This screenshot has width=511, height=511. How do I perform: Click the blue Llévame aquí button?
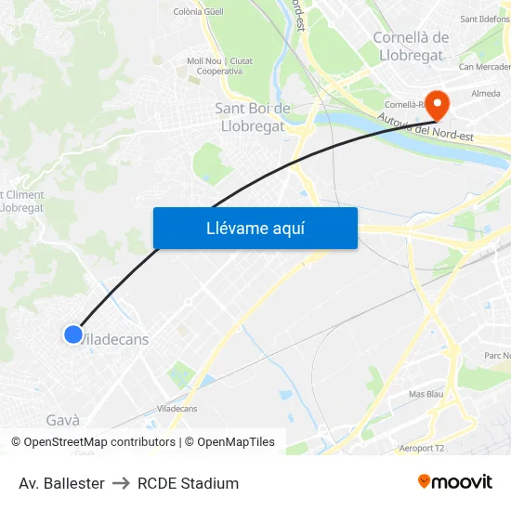pos(255,228)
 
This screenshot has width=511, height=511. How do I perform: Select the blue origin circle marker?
pos(73,334)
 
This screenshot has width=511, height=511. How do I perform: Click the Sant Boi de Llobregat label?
pos(253,118)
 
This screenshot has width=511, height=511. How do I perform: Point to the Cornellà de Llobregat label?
pos(411,46)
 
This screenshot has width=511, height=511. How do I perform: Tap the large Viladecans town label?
pos(114,340)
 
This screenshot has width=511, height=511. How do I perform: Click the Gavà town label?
pos(62,420)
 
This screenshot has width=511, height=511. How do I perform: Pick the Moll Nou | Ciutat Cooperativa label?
pos(219,66)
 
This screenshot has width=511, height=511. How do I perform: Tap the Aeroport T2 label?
pos(422,448)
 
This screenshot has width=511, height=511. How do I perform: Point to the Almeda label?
pos(486,94)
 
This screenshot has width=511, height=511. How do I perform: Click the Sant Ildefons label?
pos(484,19)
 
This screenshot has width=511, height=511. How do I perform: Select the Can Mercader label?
pos(485,67)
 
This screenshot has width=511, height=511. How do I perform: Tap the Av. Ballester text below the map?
pos(61,483)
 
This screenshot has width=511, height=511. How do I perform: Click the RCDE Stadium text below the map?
pos(188,483)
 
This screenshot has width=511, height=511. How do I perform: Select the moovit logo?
pos(455,482)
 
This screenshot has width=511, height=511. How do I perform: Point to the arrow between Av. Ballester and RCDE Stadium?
pos(121,483)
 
